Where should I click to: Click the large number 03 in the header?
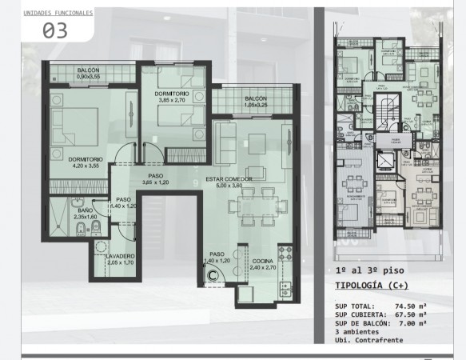54,31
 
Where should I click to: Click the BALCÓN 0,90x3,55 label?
89,74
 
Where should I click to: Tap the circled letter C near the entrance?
213,274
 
